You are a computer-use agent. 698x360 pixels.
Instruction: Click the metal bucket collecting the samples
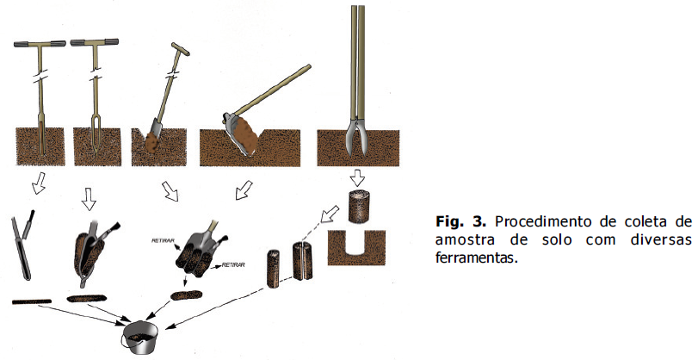[x=140, y=337]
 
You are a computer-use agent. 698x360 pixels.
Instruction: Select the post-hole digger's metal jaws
[x=357, y=137]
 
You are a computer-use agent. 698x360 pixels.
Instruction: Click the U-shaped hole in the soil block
[x=356, y=243]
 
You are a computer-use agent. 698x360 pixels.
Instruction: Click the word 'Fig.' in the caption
[x=450, y=221]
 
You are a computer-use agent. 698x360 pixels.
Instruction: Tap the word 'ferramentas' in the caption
[x=476, y=258]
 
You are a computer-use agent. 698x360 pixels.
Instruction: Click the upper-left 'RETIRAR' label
[x=163, y=240]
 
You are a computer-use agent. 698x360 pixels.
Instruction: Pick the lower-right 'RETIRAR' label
[x=233, y=265]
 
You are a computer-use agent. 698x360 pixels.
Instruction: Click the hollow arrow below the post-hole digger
[x=357, y=177]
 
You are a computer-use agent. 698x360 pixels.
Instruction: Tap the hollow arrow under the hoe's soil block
[x=244, y=189]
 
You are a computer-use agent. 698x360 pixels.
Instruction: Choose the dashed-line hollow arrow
[x=330, y=214]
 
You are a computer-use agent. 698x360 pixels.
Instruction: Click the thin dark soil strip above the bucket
[x=31, y=301]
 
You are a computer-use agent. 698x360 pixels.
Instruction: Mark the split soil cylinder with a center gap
[x=302, y=261]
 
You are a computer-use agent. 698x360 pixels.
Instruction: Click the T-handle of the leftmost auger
[x=40, y=44]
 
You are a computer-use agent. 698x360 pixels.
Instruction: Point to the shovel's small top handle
[x=180, y=49]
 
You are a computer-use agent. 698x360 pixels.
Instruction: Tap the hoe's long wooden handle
[x=273, y=90]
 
